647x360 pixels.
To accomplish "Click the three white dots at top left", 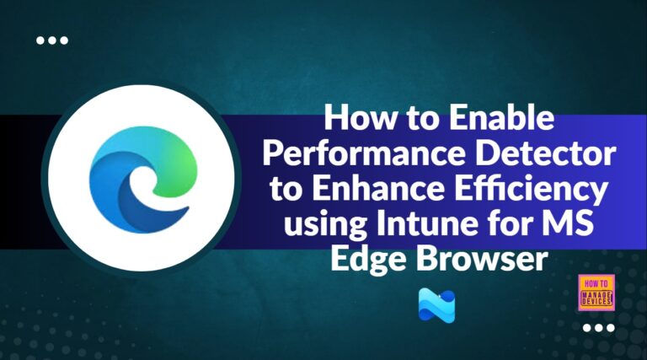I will [x=52, y=40].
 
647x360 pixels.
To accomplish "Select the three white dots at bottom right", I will [x=598, y=328].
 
